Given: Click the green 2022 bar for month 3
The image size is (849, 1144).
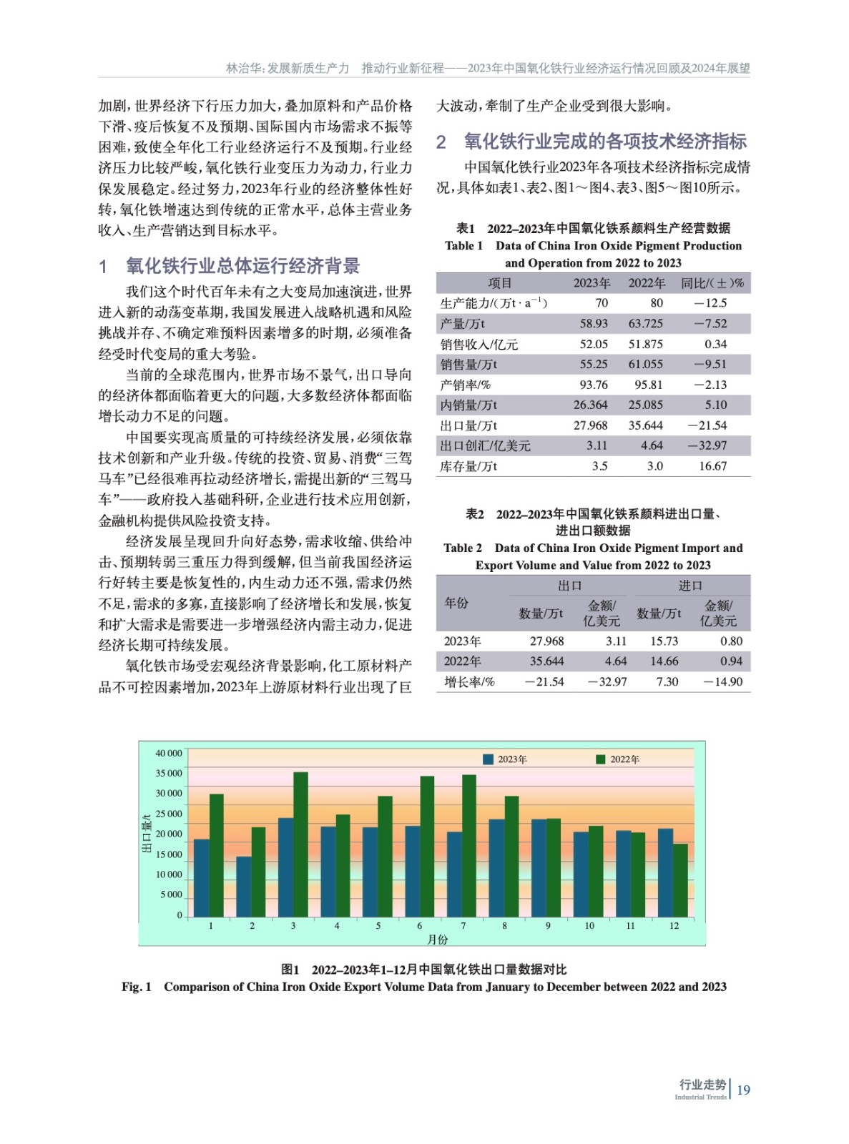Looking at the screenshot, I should (x=300, y=844).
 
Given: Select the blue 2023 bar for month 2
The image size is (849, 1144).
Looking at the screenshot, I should (x=244, y=887).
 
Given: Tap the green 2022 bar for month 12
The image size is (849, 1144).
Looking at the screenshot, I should (x=680, y=880).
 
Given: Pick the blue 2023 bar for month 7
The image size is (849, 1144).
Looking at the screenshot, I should (x=454, y=874).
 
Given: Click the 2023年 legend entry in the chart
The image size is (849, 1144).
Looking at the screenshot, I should (x=506, y=759).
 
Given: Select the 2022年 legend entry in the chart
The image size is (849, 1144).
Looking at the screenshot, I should (x=619, y=759).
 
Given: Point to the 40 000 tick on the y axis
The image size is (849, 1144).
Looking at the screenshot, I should (x=169, y=754).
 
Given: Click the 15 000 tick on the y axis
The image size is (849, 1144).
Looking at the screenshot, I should (x=169, y=854).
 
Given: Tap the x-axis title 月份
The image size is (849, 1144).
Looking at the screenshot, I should (x=438, y=940).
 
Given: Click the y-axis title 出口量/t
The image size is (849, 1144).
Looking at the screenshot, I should (x=147, y=834).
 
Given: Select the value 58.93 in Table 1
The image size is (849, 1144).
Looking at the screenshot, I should (x=594, y=324).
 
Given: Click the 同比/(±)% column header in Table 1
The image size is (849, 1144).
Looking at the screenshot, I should (x=712, y=283).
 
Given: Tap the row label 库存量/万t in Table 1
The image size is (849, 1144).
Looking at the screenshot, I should (x=468, y=466).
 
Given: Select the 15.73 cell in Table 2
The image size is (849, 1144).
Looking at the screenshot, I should (x=664, y=641).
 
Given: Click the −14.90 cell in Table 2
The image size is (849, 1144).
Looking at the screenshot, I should (x=723, y=682).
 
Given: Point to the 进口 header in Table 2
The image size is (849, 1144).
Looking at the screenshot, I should (x=690, y=586).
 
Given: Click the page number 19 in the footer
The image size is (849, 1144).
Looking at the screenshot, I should (x=744, y=1090).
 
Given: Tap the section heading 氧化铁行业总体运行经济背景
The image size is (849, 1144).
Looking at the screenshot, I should (x=243, y=267).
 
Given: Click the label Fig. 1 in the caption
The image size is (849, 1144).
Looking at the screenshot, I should (x=137, y=987).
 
